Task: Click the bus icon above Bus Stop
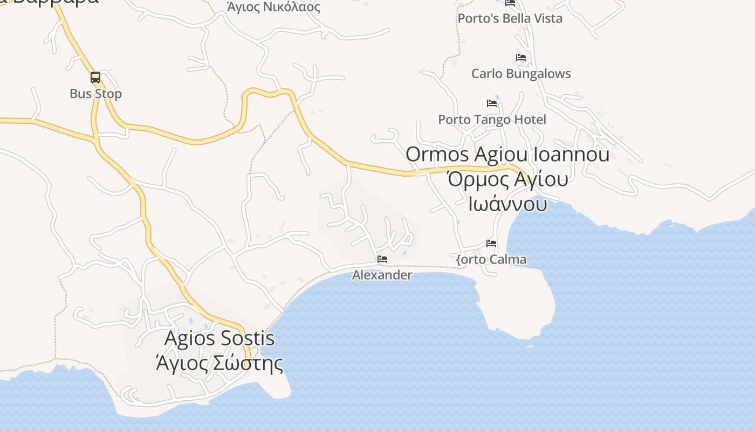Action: (95, 78)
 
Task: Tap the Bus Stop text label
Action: (96, 94)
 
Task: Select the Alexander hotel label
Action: (382, 275)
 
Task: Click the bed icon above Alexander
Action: (382, 259)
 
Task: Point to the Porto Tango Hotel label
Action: (492, 120)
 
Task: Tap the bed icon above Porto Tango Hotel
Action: (492, 103)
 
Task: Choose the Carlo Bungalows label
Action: (521, 74)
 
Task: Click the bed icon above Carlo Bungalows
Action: (521, 57)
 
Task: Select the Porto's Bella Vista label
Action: (510, 18)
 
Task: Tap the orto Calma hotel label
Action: (491, 260)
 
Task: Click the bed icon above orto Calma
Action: (491, 243)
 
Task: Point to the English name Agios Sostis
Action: (219, 339)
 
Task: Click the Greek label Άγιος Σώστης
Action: (219, 363)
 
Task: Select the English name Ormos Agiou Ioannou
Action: (507, 155)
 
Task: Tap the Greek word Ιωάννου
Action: (507, 204)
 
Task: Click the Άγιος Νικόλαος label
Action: (273, 7)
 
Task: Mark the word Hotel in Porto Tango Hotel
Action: (529, 120)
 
